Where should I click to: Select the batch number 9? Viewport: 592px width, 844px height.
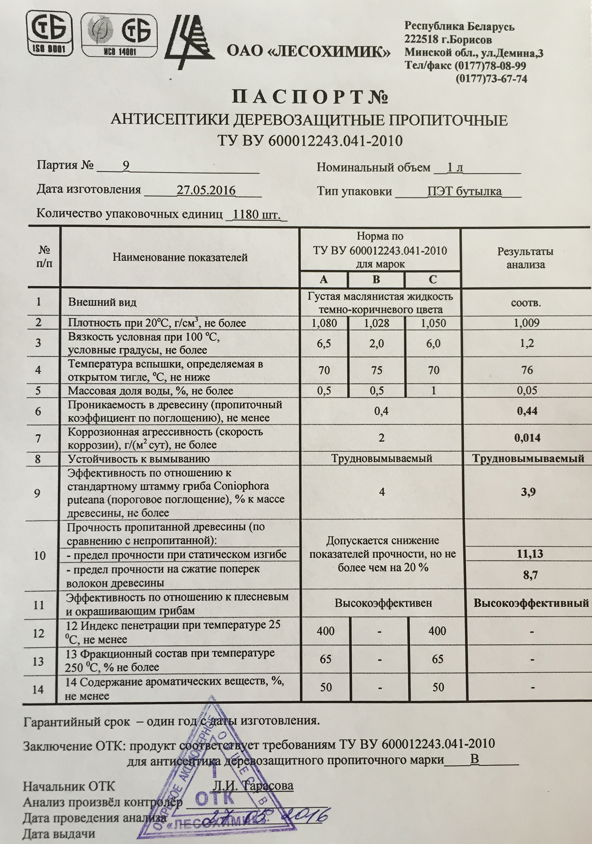[125, 166]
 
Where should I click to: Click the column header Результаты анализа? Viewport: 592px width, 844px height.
[525, 258]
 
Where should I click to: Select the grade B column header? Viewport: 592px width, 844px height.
[376, 279]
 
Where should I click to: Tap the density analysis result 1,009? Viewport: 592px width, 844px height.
[526, 323]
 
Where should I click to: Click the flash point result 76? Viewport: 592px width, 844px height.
[527, 370]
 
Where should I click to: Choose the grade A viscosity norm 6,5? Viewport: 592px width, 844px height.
[324, 344]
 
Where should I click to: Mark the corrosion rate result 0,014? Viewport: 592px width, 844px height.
[527, 438]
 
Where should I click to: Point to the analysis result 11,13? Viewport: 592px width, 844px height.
[530, 554]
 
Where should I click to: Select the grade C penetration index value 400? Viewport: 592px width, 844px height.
[437, 631]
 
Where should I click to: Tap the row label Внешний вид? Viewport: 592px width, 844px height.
[103, 302]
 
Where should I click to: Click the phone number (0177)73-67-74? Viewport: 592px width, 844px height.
[491, 78]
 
